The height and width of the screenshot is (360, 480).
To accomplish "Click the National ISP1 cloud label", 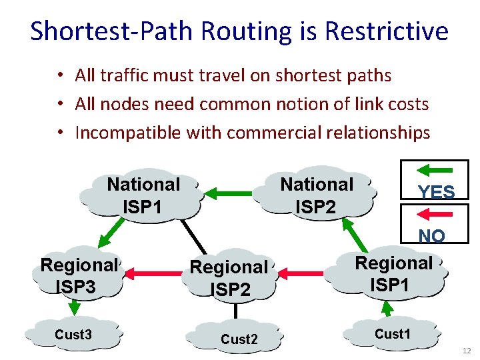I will click(x=143, y=195).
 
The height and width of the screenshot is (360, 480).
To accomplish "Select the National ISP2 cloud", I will click(x=317, y=195).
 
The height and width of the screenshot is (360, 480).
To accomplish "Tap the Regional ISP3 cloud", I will click(x=79, y=275).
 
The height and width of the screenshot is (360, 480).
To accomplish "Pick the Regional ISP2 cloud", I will click(x=229, y=277).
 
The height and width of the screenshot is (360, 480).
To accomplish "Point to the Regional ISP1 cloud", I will click(x=393, y=273).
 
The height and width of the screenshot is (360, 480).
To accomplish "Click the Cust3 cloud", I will click(x=73, y=335).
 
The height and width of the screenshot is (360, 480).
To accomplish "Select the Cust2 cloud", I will click(x=239, y=339).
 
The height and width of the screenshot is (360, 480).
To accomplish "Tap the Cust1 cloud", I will click(x=392, y=334).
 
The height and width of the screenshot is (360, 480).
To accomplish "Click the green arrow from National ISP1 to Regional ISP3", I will click(x=111, y=233).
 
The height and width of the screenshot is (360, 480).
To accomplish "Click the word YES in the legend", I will click(x=436, y=193).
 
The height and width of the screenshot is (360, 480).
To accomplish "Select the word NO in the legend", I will click(x=432, y=236).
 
